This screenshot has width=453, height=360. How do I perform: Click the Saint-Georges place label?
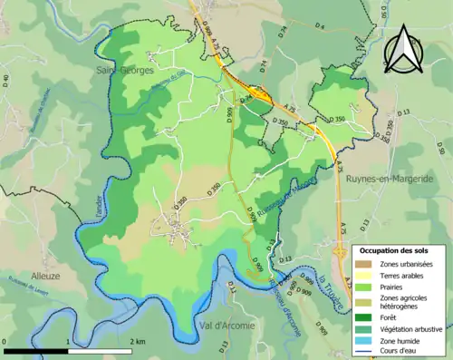(126, 69)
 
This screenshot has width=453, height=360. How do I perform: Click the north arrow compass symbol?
(405, 50)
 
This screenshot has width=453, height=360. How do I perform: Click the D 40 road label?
(6, 82)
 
